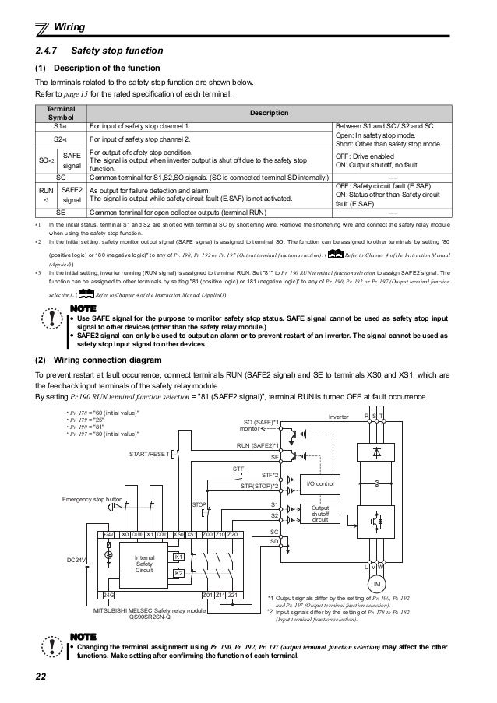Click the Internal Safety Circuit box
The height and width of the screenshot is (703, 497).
click(x=145, y=563)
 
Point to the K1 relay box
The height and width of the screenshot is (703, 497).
click(x=178, y=557)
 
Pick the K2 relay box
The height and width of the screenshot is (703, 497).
click(x=178, y=573)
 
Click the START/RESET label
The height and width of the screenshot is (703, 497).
click(x=146, y=454)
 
